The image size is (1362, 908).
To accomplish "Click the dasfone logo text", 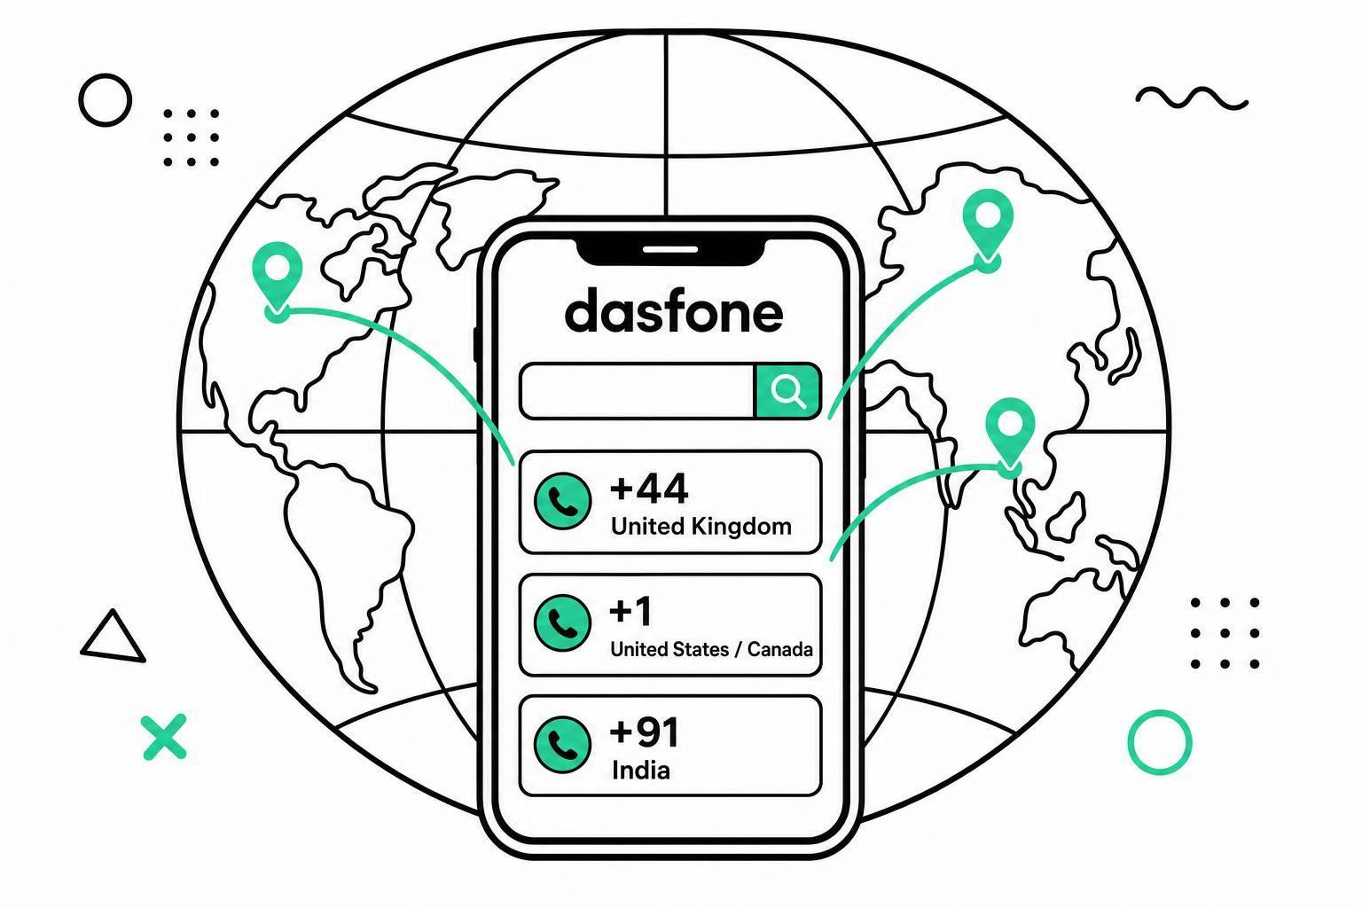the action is [674, 310].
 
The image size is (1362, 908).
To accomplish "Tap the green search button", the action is [788, 391].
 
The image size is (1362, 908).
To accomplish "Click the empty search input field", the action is [638, 391].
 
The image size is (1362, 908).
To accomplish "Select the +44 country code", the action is [649, 489].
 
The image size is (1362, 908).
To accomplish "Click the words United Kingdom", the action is [701, 526].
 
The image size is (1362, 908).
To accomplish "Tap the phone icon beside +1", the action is [562, 623].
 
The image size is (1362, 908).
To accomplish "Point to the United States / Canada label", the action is [711, 650].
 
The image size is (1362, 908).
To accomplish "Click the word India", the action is [641, 771].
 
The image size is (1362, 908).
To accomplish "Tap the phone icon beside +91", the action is [562, 745].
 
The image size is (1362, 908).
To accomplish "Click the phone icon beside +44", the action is [562, 501].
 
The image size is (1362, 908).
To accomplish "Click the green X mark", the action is [164, 737].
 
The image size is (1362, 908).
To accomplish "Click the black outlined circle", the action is [105, 76].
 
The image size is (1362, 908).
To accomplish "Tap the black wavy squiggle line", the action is [1192, 98].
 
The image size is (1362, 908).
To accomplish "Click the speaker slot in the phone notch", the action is [670, 249].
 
